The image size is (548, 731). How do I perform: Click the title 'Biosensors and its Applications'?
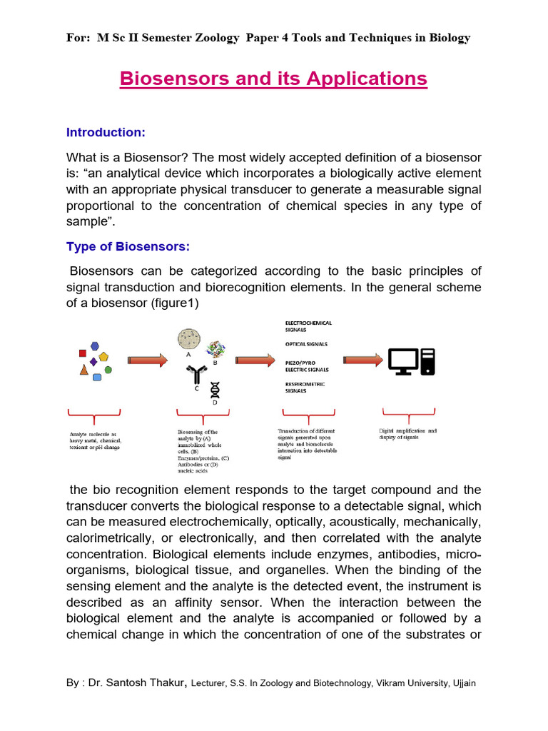pyautogui.click(x=273, y=78)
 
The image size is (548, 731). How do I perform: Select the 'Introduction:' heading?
pyautogui.click(x=106, y=132)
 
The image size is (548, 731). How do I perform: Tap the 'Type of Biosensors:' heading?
pyautogui.click(x=127, y=246)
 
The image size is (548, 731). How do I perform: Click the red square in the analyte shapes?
pyautogui.click(x=83, y=353)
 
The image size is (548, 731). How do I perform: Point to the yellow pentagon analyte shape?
pyautogui.click(x=104, y=356)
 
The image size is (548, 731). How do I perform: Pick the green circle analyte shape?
pyautogui.click(x=108, y=370)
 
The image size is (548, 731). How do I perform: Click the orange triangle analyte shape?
pyautogui.click(x=84, y=370)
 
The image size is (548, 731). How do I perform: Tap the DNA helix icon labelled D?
pyautogui.click(x=214, y=390)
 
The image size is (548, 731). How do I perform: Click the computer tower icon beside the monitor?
pyautogui.click(x=427, y=361)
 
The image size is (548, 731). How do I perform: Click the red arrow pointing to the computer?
pyautogui.click(x=362, y=361)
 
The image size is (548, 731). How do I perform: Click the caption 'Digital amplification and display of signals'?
pyautogui.click(x=408, y=433)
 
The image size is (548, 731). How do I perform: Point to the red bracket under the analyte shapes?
pyautogui.click(x=93, y=415)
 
